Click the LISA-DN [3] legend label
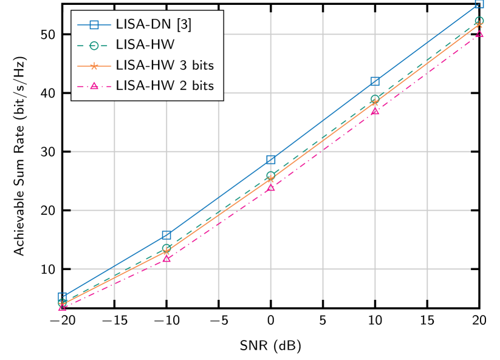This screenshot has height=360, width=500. click(153, 25)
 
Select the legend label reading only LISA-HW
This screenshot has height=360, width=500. click(145, 45)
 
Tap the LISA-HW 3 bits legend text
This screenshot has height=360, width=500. click(165, 66)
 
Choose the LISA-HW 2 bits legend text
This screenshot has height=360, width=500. click(165, 86)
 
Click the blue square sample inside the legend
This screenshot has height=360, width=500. click(94, 25)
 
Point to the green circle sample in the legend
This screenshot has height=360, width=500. click(94, 45)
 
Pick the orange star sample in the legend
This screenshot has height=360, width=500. click(94, 66)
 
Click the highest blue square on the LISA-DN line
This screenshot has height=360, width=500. click(479, 3)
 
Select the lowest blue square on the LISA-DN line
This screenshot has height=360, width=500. click(62, 296)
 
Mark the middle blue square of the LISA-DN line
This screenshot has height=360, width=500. click(271, 160)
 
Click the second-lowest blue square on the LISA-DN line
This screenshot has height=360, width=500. click(166, 235)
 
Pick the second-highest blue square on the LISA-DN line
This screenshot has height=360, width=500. click(375, 81)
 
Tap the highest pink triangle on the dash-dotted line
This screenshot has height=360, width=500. click(479, 33)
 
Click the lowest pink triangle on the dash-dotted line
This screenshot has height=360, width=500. click(62, 307)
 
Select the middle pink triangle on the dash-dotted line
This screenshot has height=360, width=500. click(271, 188)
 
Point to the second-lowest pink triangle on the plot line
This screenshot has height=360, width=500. click(166, 258)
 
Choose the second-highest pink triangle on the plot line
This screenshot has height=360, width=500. click(375, 110)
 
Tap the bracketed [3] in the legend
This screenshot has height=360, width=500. click(183, 25)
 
